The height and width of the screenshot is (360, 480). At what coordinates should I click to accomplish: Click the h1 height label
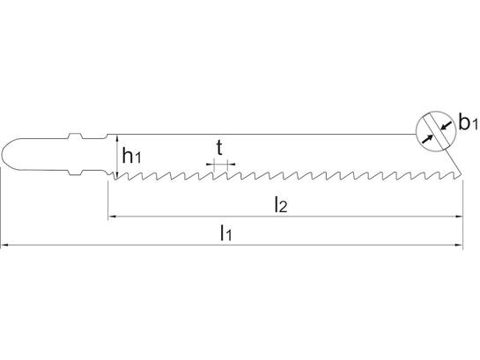point(131,155)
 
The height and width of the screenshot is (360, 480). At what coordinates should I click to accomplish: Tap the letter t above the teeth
point(219,148)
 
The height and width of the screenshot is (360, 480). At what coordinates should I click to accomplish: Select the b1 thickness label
point(468,121)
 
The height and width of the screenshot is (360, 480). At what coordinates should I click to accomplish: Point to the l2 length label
point(280,204)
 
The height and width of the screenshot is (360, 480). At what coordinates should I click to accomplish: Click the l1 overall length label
point(226,232)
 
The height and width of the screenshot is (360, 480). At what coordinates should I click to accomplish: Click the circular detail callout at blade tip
point(436,111)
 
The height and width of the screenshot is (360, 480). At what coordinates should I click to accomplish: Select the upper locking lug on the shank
point(75,136)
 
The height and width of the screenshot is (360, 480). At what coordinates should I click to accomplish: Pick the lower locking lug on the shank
point(75,173)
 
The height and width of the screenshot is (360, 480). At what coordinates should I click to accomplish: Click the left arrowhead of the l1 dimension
point(4,245)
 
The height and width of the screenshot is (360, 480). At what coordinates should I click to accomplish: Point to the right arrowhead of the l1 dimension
point(459,245)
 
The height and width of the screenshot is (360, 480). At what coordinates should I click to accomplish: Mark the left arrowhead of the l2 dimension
point(112,217)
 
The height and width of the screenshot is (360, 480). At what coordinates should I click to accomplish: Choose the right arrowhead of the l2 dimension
point(459,217)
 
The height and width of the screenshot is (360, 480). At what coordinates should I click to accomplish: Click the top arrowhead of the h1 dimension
point(117,138)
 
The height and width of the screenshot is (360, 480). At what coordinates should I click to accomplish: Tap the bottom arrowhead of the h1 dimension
point(117,175)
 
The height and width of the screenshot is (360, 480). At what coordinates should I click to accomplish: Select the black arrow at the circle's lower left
point(427,138)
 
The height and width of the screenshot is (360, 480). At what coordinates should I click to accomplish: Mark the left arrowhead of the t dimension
point(210,165)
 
